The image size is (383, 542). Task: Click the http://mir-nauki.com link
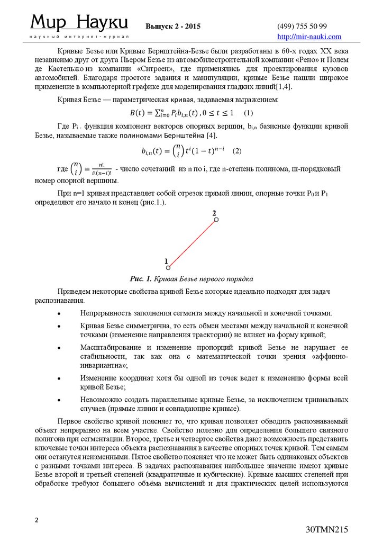point(309,37)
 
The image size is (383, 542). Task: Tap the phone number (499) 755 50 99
point(302,26)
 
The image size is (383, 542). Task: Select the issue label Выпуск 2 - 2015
point(173,26)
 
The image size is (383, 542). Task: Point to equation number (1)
point(249,113)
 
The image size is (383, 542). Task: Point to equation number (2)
point(236,151)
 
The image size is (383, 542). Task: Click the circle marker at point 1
point(168,268)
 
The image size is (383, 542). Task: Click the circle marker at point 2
point(216,219)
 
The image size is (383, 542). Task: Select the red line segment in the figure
point(192,243)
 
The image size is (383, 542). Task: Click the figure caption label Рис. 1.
point(141,279)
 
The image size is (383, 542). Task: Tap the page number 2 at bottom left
point(37,520)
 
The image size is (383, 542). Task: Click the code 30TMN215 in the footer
point(327,530)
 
